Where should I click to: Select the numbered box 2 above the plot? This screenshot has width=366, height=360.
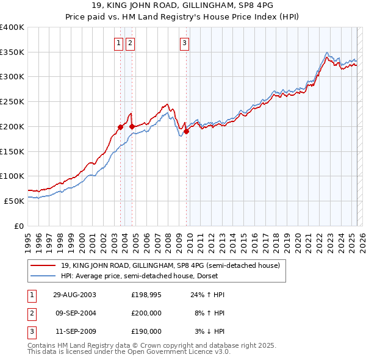point(131,43)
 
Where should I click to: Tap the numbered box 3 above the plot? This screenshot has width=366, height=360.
point(184,43)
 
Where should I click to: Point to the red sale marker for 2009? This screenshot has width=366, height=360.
point(186,131)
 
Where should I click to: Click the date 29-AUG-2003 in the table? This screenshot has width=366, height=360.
point(74,295)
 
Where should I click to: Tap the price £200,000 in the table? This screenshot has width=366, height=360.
point(146,313)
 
